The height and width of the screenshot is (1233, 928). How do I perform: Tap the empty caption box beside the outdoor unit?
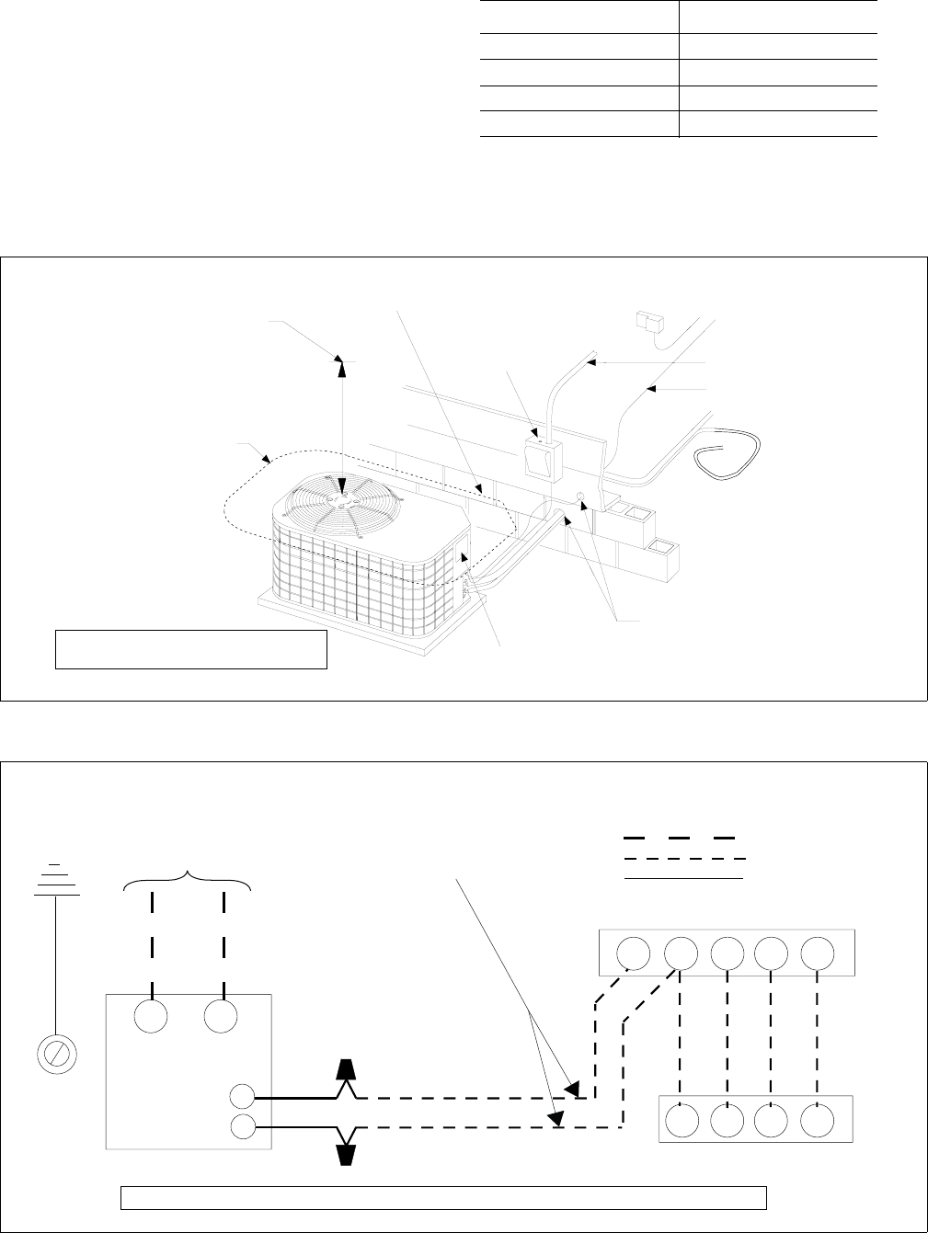191,649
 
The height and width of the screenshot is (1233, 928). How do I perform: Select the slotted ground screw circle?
56,1052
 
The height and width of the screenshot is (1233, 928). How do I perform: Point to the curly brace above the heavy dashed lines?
188,878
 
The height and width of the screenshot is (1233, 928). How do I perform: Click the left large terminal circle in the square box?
152,1017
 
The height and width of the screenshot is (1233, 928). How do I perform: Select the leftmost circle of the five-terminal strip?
634,953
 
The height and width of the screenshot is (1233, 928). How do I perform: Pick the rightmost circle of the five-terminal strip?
818,953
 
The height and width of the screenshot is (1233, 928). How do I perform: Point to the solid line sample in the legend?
683,879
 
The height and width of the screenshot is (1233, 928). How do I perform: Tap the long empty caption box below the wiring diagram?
444,1197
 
